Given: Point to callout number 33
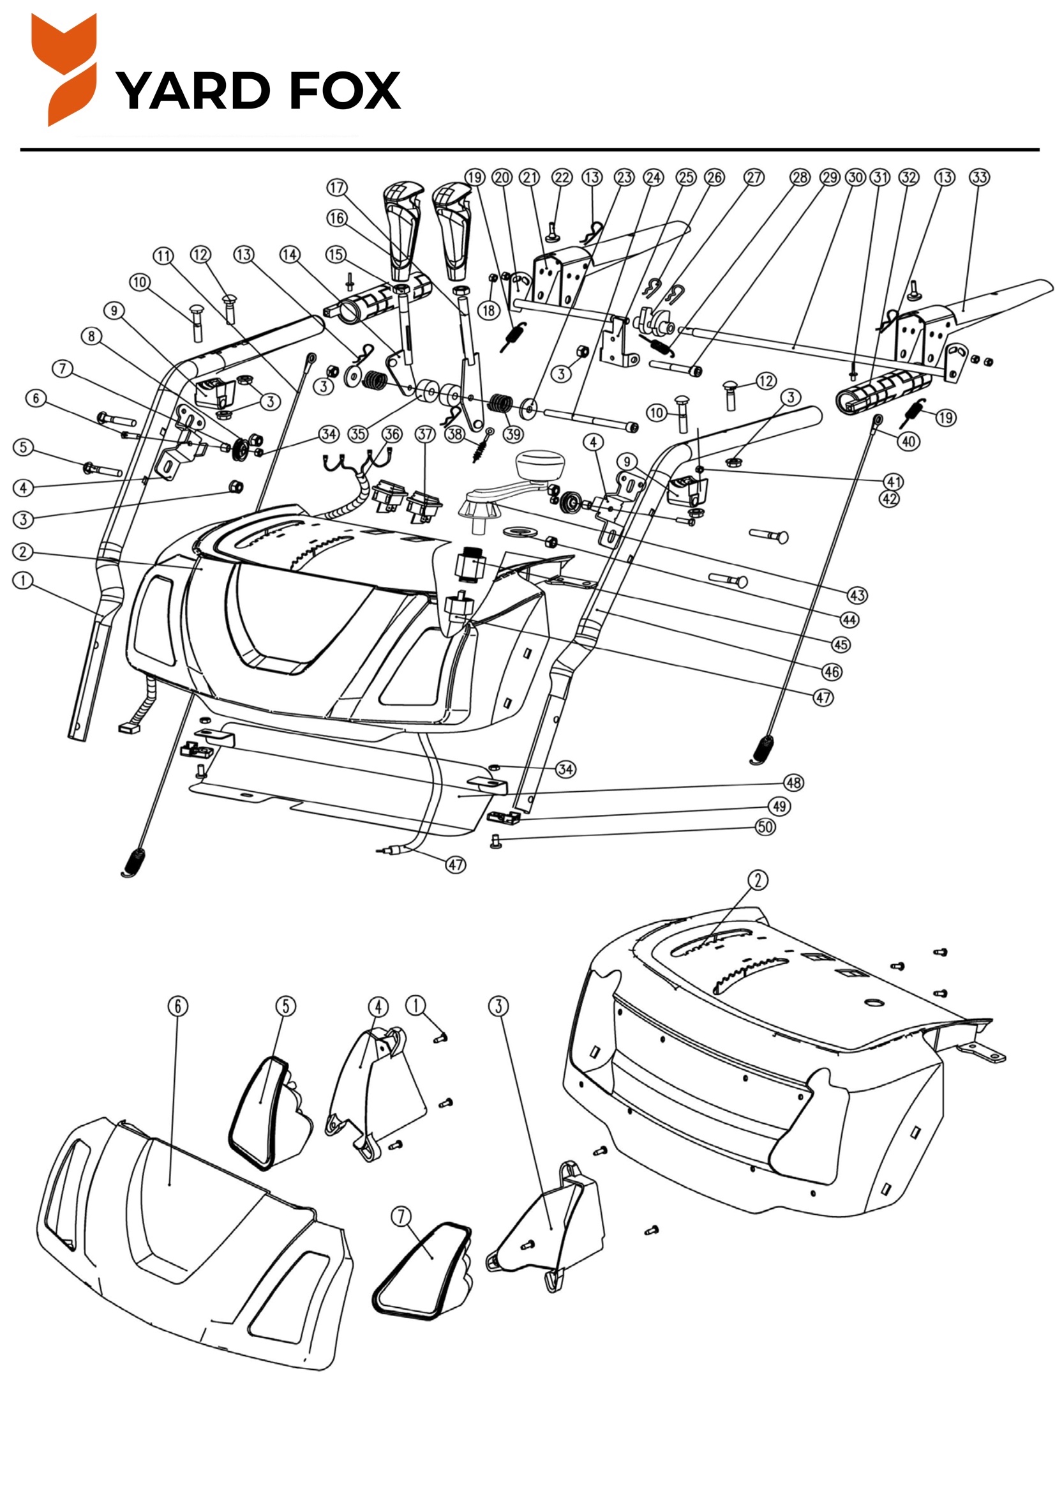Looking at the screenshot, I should click(x=979, y=178).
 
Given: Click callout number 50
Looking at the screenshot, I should click(x=765, y=826).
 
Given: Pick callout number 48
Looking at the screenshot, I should click(x=794, y=782).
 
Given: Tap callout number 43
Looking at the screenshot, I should click(x=857, y=595).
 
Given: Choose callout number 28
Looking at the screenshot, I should click(x=800, y=178).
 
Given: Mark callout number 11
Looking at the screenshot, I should click(x=163, y=255).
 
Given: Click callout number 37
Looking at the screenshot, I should click(x=424, y=434).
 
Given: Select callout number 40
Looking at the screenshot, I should click(x=908, y=441).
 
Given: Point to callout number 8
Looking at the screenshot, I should click(x=92, y=336).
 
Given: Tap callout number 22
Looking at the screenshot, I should click(x=562, y=178).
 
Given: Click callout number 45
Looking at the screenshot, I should click(x=841, y=644).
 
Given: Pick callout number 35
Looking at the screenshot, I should click(x=358, y=434).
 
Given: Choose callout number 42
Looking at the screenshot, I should click(x=889, y=499).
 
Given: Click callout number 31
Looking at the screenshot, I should click(x=880, y=178).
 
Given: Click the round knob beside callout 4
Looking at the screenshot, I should click(x=537, y=465).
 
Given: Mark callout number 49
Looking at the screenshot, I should click(x=780, y=807).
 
